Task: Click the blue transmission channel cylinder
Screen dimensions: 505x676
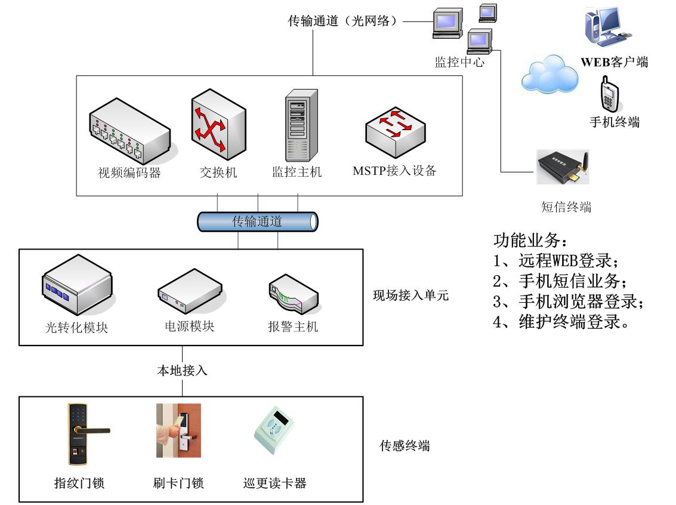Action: point(257,222)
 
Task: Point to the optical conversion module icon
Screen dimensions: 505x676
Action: point(77,287)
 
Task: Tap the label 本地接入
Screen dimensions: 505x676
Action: point(182,371)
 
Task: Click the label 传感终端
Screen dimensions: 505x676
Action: point(405,445)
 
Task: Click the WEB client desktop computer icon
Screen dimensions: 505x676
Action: point(604,27)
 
